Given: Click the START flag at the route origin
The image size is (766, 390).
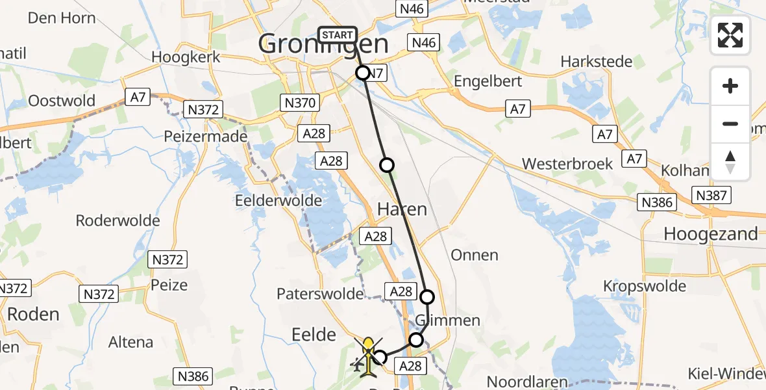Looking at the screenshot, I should coord(338,34).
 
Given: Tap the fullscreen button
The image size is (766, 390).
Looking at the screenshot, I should coord(730,35).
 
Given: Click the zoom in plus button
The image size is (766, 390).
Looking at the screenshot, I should coord(730,86).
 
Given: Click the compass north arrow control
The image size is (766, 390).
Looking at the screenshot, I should coord(730,162).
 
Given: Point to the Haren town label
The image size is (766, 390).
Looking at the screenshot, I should coord(402,209).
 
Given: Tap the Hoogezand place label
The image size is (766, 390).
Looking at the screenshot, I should coord(711,234).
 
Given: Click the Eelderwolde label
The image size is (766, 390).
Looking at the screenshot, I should coord(280,200).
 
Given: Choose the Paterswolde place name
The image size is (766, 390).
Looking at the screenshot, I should coord(320,294).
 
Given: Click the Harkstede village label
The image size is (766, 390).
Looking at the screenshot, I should coord(596,62).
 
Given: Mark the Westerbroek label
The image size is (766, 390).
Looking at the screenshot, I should coord(567,163).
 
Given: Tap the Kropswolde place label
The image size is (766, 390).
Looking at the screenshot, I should coord(645,286).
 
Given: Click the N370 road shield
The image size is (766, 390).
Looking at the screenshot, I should coord(300,102).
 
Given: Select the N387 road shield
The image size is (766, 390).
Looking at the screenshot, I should coord(712,194).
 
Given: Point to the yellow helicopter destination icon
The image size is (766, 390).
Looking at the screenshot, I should coord(368,356).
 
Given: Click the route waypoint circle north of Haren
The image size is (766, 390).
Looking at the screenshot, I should coord(387,165).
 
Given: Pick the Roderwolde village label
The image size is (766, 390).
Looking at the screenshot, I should coord(117,220).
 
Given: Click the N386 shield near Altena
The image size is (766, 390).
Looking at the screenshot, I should coord(193,375).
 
